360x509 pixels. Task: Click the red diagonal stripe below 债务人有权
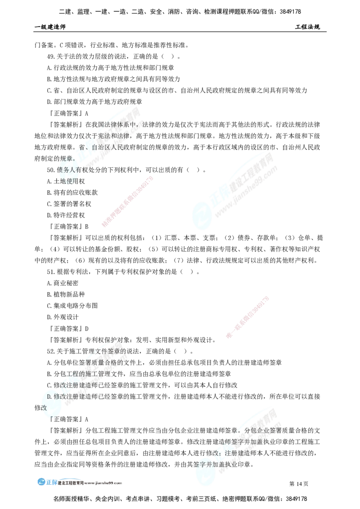tap(128, 202)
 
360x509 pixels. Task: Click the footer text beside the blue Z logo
tap(90, 482)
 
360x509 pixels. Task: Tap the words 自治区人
tap(104, 147)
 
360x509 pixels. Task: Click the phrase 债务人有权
tap(75, 170)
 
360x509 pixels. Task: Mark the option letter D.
tap(49, 397)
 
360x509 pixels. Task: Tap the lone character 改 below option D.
tap(44, 407)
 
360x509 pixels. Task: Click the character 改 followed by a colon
tap(215, 453)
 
